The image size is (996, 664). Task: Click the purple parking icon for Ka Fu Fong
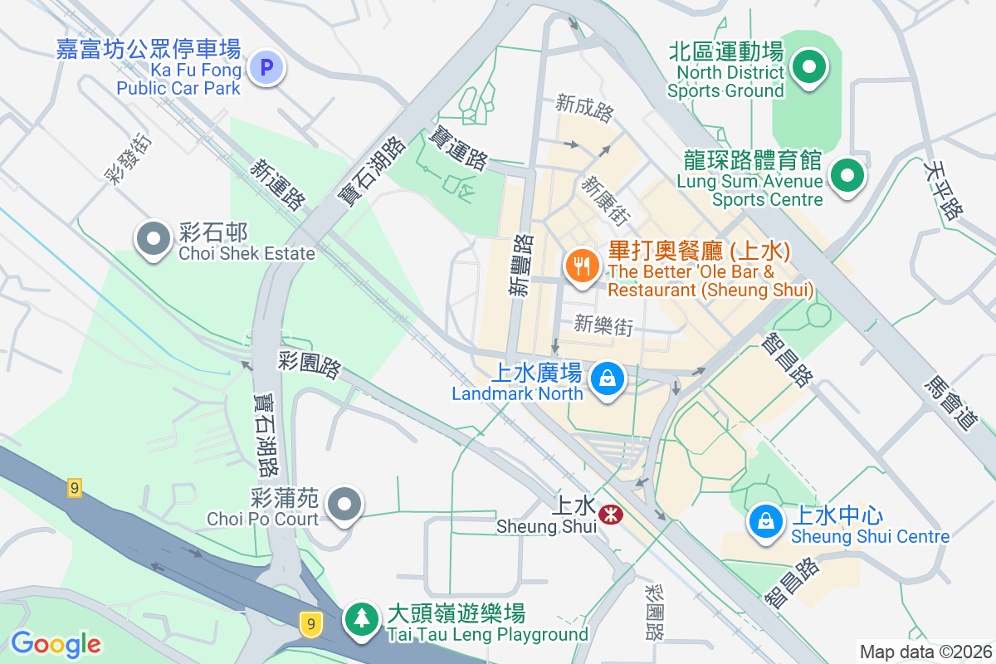click(267, 67)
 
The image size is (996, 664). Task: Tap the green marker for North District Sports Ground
click(808, 67)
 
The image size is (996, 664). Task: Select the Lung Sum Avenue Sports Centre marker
click(847, 176)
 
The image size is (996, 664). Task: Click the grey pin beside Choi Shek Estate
click(154, 239)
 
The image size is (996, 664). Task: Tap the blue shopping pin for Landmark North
click(608, 379)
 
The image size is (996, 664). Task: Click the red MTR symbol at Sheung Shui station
click(610, 515)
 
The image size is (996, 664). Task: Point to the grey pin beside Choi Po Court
click(343, 504)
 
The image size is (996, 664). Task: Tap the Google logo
click(56, 643)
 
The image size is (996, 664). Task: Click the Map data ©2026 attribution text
click(925, 652)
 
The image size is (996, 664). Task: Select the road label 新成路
click(584, 105)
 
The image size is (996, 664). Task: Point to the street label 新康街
click(604, 200)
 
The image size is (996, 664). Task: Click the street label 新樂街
click(603, 325)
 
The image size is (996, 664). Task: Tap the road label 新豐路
click(521, 265)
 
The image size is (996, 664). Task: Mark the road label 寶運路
click(458, 148)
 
